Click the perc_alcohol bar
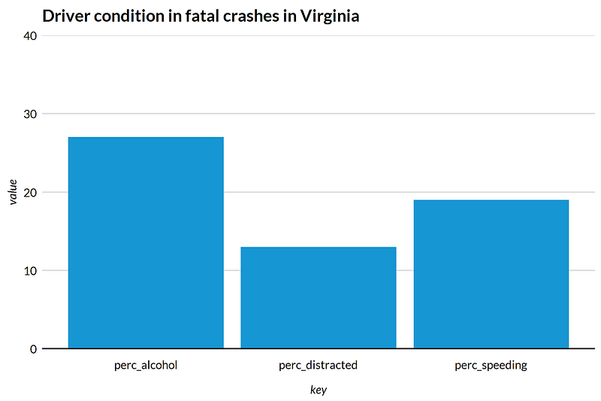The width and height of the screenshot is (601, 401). [x=146, y=242]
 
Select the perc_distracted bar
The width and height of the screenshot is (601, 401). [x=318, y=297]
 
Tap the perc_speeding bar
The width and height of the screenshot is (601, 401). [x=491, y=274]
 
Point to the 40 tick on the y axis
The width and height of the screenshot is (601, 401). [x=30, y=36]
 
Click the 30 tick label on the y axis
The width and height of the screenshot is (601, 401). [x=30, y=114]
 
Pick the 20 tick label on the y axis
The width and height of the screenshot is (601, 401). [x=30, y=193]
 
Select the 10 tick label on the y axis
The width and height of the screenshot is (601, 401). [x=30, y=271]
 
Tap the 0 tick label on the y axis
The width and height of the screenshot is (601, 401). [x=34, y=349]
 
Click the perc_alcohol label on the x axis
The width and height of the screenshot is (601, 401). [x=146, y=365]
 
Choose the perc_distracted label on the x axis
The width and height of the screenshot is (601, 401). [x=318, y=365]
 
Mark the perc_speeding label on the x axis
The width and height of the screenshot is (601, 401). [x=491, y=366]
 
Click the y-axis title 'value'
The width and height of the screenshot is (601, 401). [x=13, y=192]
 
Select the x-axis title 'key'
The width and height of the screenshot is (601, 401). [x=318, y=390]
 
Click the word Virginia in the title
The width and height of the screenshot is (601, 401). [x=330, y=16]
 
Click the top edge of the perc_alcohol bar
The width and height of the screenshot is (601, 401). [x=146, y=137]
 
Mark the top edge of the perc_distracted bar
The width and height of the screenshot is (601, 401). [x=318, y=247]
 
